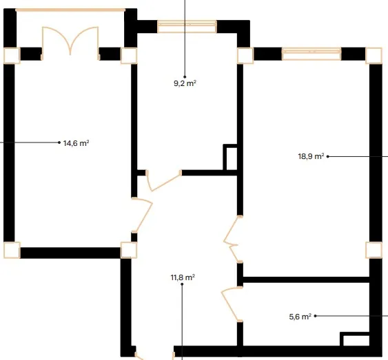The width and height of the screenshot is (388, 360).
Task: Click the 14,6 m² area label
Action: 76,143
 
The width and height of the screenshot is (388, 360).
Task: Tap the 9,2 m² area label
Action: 185,83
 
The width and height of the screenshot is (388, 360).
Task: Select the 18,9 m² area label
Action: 311,156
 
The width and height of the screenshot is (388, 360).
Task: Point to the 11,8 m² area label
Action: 183,277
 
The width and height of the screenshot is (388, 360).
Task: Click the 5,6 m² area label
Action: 300,317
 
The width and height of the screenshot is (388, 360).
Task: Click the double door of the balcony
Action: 70,42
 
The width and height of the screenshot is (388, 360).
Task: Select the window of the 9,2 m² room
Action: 187,26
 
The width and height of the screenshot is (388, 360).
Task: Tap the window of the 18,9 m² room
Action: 312,54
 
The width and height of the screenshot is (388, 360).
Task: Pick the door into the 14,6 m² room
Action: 141,215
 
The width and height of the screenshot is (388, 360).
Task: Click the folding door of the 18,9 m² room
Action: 234,239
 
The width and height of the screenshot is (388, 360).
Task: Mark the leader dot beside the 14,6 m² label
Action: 59,142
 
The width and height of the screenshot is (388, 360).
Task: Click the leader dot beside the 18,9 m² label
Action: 328,156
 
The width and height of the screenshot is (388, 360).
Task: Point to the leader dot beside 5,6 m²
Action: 315,316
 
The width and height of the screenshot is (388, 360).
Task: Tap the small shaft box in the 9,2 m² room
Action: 230,158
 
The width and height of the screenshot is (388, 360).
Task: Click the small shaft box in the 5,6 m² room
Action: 355,339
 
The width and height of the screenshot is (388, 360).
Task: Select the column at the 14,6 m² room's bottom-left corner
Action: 12,250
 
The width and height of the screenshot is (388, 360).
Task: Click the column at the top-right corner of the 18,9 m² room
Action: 374,56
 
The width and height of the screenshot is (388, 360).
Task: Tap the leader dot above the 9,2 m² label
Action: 185,77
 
